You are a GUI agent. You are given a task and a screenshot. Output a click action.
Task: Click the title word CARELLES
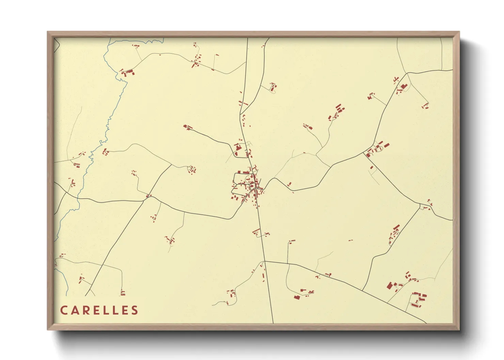(x=99, y=310)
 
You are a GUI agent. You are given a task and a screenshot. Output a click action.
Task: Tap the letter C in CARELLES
(x=63, y=310)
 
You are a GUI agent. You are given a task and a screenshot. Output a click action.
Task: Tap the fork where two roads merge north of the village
(x=240, y=114)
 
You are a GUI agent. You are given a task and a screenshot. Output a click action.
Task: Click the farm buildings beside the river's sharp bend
(x=128, y=72)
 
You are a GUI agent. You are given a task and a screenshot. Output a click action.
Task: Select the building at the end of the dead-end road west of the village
(x=187, y=127)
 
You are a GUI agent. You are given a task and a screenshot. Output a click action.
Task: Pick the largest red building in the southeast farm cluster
(x=389, y=285)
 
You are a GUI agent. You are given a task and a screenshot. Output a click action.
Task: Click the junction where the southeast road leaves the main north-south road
(x=265, y=261)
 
